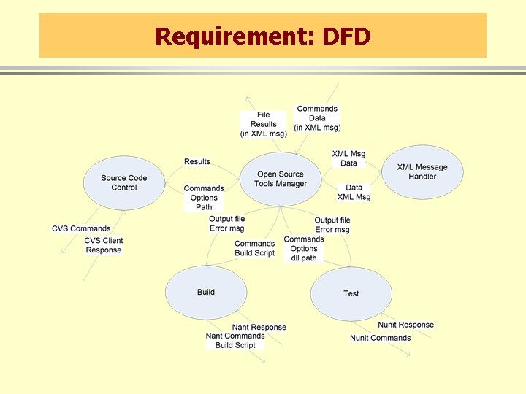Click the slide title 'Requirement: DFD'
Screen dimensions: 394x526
(x=263, y=35)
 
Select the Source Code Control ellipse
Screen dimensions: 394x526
(x=123, y=183)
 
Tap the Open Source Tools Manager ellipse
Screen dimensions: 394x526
(x=281, y=179)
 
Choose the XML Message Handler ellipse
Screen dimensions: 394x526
(x=422, y=172)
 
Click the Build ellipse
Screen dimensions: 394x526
(x=206, y=293)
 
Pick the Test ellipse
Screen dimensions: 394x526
(x=351, y=293)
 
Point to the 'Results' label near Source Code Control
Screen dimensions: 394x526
(x=197, y=161)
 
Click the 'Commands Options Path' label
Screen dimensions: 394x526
(x=204, y=198)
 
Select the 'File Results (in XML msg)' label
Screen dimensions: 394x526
(x=263, y=124)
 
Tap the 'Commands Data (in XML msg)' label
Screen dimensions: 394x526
(x=317, y=118)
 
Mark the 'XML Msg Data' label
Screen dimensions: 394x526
(x=348, y=158)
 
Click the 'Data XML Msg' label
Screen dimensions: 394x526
(x=354, y=192)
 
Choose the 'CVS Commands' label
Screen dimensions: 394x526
(x=81, y=228)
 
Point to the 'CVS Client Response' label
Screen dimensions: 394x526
(x=104, y=245)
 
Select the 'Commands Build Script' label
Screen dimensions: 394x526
(x=254, y=248)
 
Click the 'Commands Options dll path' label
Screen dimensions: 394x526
(x=304, y=248)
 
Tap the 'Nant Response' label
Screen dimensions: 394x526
(x=259, y=327)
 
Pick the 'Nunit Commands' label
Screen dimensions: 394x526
(x=380, y=338)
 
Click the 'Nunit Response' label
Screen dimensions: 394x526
(x=405, y=325)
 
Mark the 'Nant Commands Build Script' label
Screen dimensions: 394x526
(x=235, y=341)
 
